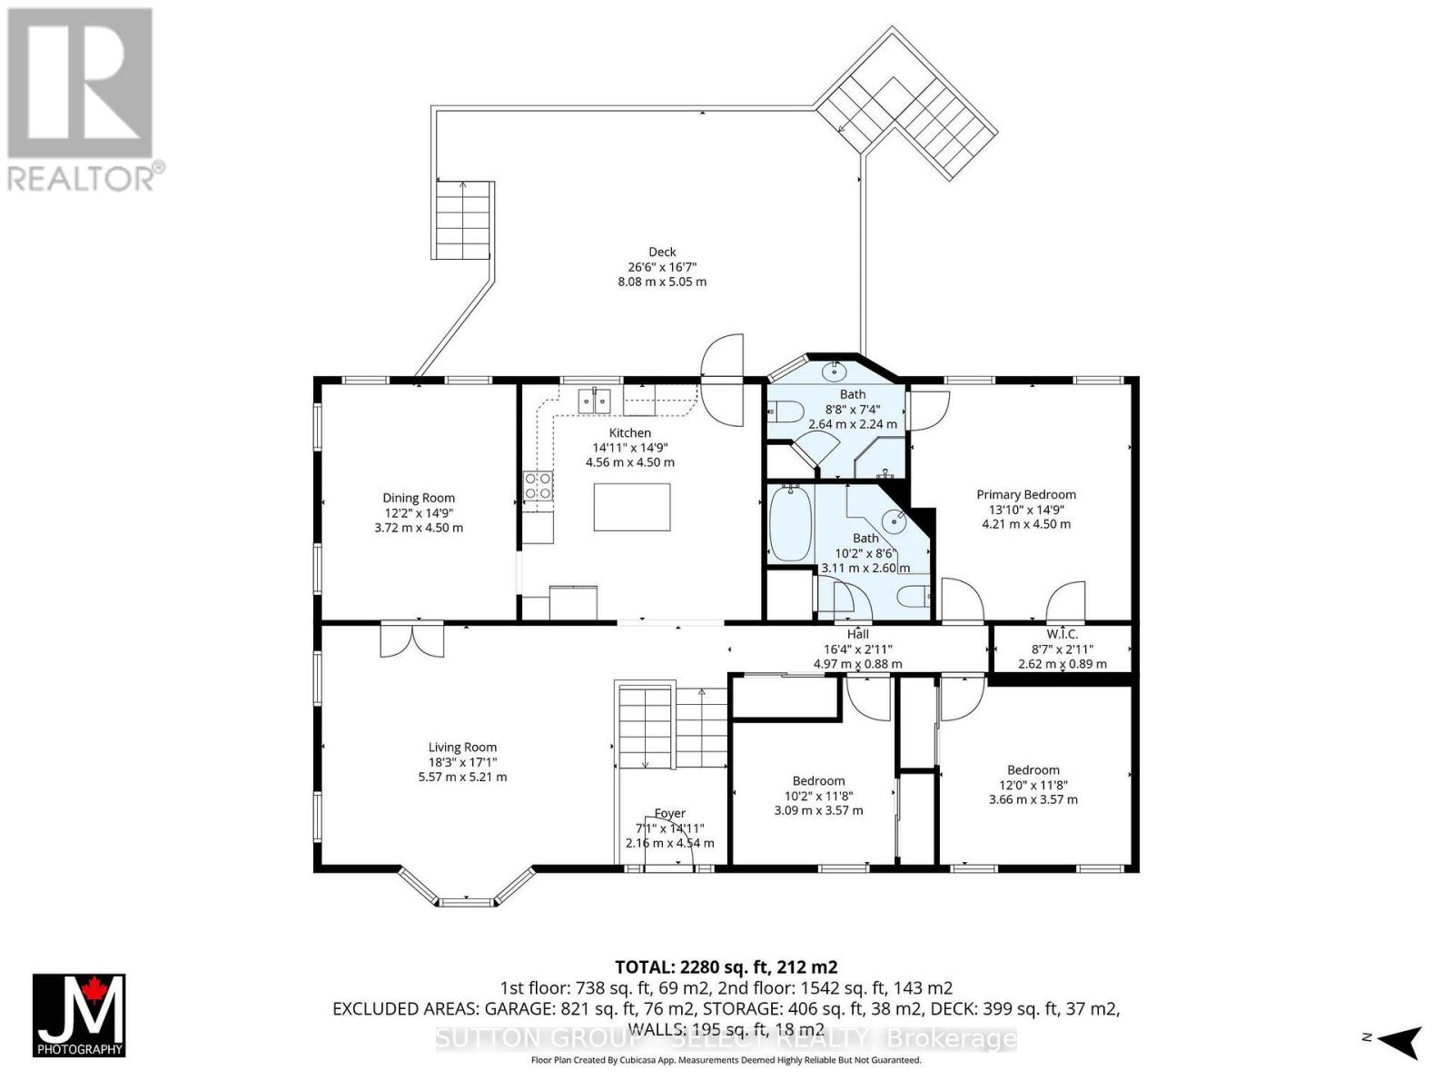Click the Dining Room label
[x=419, y=498]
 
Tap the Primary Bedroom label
[x=1026, y=494]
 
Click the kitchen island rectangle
[x=632, y=507]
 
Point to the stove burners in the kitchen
[x=538, y=486]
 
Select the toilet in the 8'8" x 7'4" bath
[x=784, y=414]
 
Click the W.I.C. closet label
[x=1062, y=634]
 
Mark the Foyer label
[x=669, y=813]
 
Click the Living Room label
[x=462, y=748]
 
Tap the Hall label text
[x=857, y=634]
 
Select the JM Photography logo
[x=79, y=1016]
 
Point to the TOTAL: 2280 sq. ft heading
[x=726, y=966]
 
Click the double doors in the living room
[x=412, y=639]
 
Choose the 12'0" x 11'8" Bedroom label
[x=1033, y=769]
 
